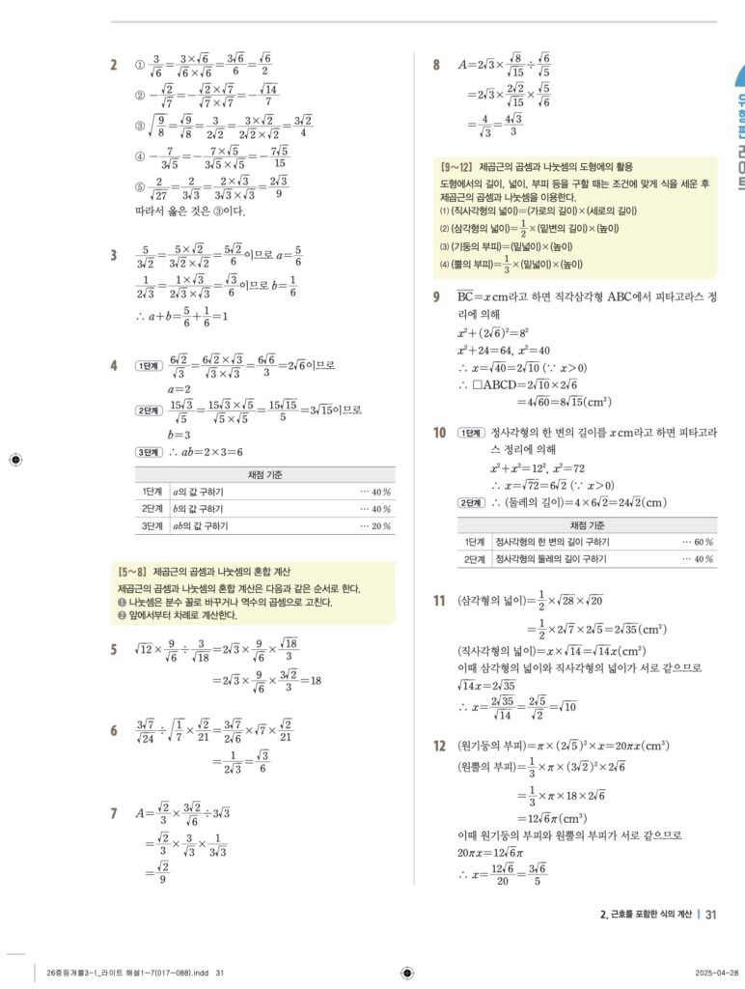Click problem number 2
pyautogui.click(x=114, y=66)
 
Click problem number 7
pyautogui.click(x=114, y=814)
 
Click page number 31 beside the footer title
pyautogui.click(x=711, y=914)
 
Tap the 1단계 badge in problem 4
pyautogui.click(x=150, y=365)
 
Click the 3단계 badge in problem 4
pyautogui.click(x=150, y=451)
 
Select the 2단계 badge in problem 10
pyautogui.click(x=472, y=502)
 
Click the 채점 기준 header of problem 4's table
pyautogui.click(x=265, y=474)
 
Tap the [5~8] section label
pyautogui.click(x=131, y=572)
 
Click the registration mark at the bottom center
pyautogui.click(x=407, y=973)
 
